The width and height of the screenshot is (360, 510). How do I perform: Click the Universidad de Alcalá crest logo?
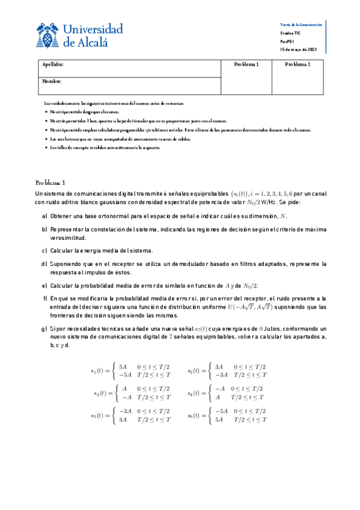click(47, 36)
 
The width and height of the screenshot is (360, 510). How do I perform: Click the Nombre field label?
click(52, 81)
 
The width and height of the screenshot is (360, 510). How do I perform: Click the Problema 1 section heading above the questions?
click(54, 182)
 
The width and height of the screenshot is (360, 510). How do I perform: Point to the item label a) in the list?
click(44, 216)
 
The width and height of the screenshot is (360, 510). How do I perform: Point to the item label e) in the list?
click(44, 285)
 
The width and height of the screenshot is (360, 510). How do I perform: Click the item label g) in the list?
click(44, 330)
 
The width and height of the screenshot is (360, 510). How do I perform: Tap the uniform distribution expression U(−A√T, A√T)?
click(249, 307)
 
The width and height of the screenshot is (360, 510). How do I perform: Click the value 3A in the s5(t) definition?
click(123, 420)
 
